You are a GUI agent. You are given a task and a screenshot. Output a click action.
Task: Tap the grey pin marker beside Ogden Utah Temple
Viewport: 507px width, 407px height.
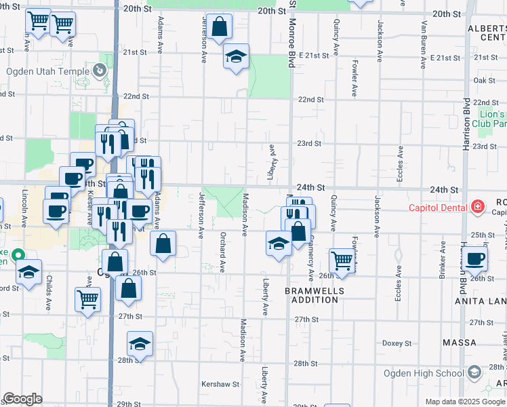(x=100, y=69)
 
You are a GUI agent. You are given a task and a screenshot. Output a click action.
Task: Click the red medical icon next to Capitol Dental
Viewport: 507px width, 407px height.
(x=477, y=206)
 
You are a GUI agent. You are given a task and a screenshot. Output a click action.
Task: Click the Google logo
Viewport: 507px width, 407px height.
(x=22, y=399)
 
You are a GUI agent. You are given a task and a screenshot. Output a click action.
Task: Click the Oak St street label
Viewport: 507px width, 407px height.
(x=485, y=81)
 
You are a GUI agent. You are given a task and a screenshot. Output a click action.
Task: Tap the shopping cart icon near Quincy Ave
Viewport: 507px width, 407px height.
(x=342, y=260)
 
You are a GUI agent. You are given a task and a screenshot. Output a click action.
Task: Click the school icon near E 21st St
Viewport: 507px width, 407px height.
(x=236, y=57)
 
